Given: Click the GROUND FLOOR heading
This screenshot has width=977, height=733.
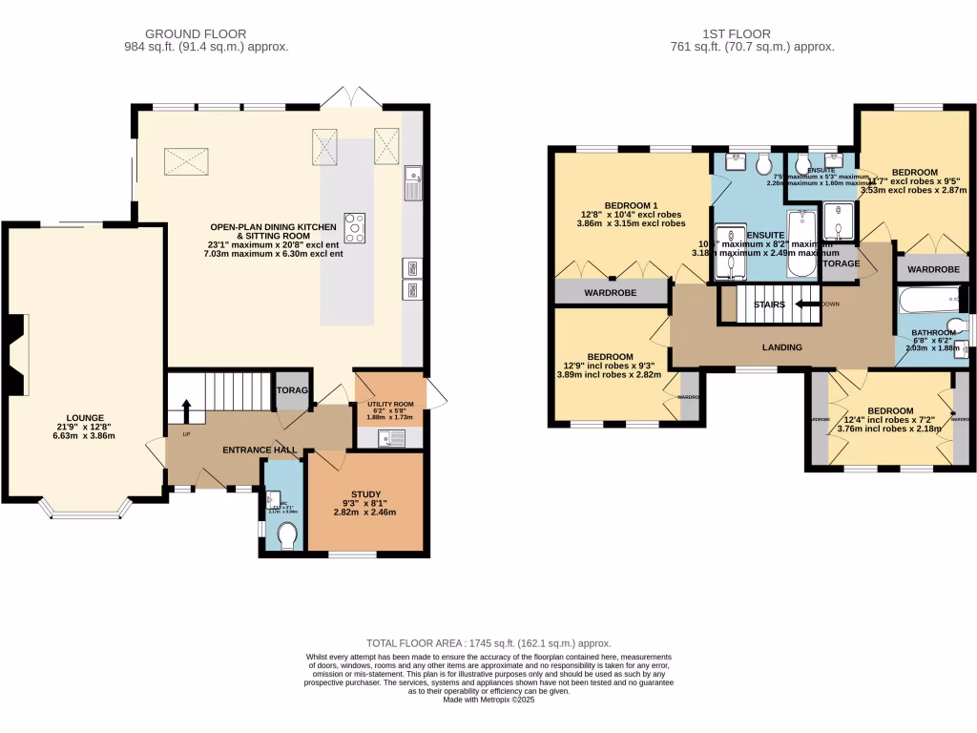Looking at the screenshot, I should click(206, 33).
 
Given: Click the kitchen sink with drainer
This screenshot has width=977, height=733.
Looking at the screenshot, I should click(413, 184).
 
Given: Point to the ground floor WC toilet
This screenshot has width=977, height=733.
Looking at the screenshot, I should click(285, 539).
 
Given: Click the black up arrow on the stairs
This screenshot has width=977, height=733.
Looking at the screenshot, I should click(187, 411).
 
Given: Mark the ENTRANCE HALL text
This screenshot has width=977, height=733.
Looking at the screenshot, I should click(260, 450).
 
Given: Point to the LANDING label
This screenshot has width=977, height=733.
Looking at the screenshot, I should click(781, 347).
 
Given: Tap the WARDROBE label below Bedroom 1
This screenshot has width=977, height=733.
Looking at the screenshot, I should click(612, 293).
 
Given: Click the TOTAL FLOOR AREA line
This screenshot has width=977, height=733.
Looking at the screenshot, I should click(488, 643).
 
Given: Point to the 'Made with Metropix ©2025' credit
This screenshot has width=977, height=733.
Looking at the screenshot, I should click(488, 700).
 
